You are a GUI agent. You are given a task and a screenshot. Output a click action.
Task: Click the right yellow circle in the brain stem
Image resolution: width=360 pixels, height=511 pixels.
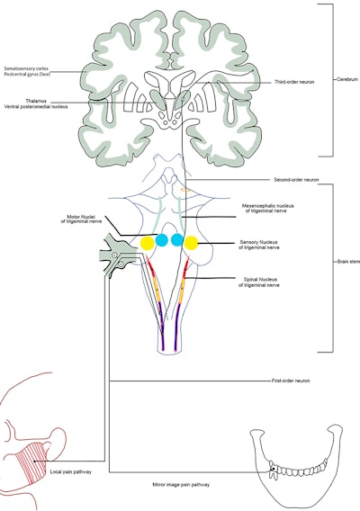pyautogui.click(x=192, y=242)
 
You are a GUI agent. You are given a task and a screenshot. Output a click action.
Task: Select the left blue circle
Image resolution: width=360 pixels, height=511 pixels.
pyautogui.click(x=162, y=240)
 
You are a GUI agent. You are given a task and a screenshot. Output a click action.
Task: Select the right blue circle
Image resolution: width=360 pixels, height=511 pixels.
pyautogui.click(x=177, y=240)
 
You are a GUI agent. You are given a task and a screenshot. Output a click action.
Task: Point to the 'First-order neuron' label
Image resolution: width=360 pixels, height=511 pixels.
pyautogui.click(x=291, y=381)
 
